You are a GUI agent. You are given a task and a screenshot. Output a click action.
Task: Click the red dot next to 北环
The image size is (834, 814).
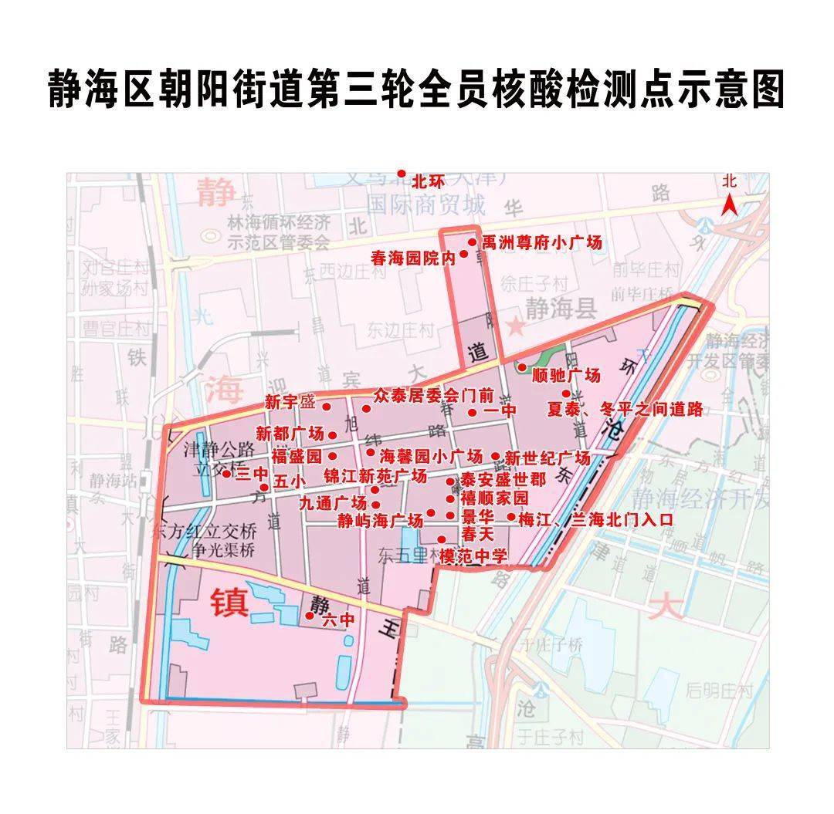(x=401, y=174)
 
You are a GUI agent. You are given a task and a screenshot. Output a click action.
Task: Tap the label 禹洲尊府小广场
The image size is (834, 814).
(x=541, y=243)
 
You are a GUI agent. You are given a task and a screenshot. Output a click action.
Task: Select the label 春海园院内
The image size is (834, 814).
(x=413, y=258)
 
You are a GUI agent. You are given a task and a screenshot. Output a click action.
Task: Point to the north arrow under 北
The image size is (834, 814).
(x=729, y=204)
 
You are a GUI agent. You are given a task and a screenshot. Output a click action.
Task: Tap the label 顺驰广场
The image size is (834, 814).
(x=566, y=376)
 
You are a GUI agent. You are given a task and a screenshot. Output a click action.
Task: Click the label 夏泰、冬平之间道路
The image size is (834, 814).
(x=625, y=409)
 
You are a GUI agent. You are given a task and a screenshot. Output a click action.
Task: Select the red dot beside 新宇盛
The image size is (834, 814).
(x=326, y=407)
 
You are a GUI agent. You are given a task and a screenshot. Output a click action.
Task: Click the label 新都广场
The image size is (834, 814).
(x=290, y=433)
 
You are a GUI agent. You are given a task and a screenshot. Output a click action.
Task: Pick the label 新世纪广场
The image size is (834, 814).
(x=548, y=458)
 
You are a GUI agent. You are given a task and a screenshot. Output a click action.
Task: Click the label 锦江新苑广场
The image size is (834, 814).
(x=375, y=475)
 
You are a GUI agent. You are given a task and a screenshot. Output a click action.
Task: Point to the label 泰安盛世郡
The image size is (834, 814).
(x=503, y=480)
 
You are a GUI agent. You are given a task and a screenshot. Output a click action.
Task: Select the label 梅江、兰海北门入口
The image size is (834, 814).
(x=595, y=519)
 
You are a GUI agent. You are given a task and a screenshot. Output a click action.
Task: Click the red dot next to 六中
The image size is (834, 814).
(x=310, y=616)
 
